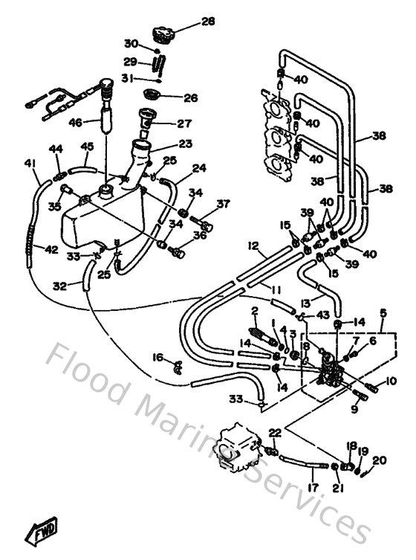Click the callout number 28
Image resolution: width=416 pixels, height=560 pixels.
click(207, 22)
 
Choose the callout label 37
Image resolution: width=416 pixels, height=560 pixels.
click(223, 204)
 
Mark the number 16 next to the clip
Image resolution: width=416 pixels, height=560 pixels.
click(157, 358)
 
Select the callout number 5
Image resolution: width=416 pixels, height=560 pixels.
click(383, 313)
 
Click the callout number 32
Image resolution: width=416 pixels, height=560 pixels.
click(59, 284)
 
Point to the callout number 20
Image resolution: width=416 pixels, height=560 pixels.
click(380, 460)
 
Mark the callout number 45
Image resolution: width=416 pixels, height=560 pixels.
click(88, 146)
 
